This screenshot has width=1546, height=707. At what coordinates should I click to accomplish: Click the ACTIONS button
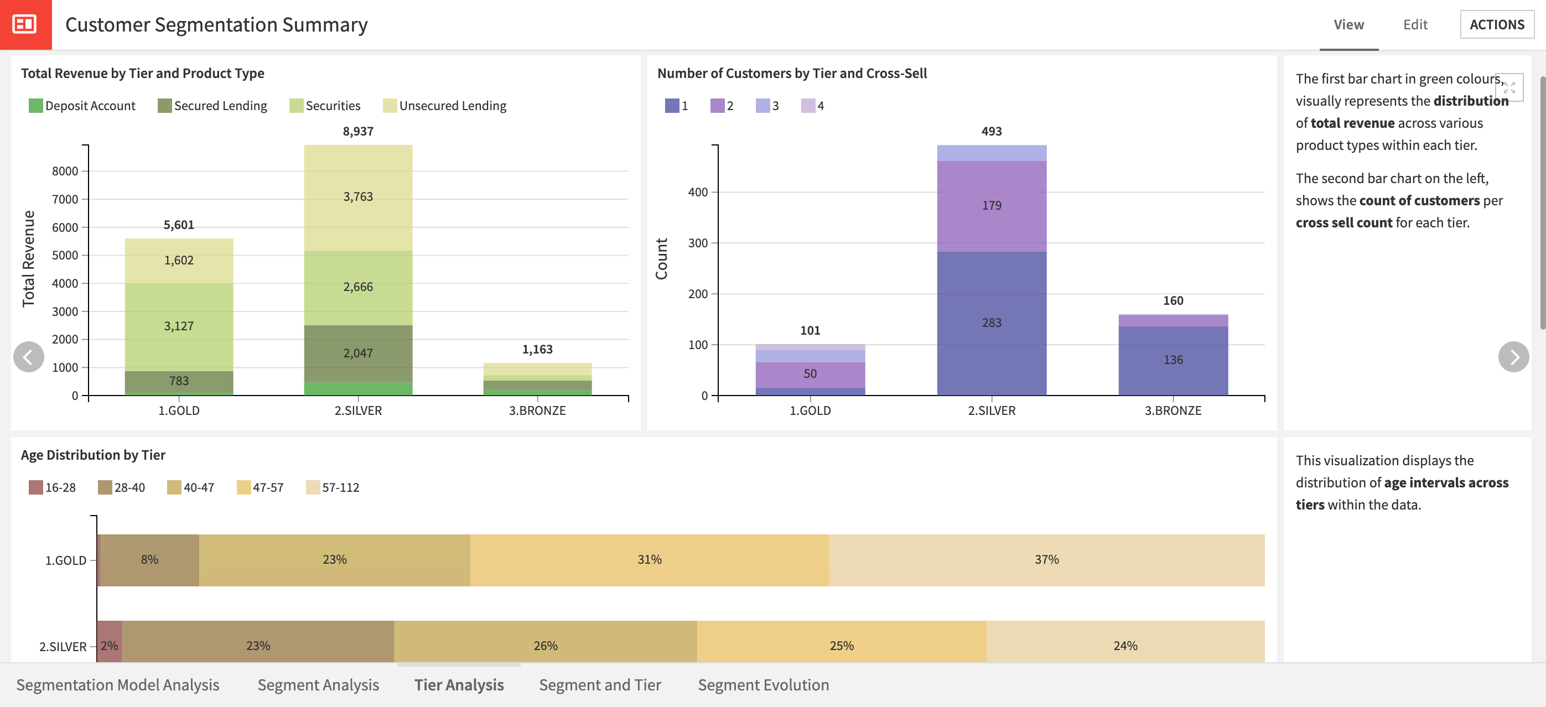(1496, 24)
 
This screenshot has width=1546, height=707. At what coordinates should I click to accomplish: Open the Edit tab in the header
(1414, 24)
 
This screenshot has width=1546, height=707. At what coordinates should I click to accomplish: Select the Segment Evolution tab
(763, 685)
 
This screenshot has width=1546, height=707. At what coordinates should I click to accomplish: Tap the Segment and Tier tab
(600, 685)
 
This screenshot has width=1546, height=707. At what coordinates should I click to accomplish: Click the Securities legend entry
(325, 106)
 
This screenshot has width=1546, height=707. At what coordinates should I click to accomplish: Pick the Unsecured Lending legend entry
(445, 106)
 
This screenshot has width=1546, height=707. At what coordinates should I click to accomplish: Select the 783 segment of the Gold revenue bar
(179, 381)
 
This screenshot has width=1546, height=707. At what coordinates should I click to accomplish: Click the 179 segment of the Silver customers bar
(992, 206)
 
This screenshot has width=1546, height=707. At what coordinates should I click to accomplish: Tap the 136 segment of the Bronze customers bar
(1173, 360)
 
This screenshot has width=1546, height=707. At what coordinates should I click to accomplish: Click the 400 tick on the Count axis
(697, 192)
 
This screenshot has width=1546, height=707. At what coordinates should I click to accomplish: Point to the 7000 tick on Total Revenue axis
(65, 199)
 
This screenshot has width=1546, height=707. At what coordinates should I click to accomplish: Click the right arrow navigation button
(1513, 357)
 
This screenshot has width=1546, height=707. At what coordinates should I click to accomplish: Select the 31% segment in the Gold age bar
(650, 559)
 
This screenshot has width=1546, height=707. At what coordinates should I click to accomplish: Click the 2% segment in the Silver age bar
(109, 645)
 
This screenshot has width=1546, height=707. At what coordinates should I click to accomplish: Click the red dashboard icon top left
(25, 24)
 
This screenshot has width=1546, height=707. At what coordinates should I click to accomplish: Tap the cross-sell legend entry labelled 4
(813, 106)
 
